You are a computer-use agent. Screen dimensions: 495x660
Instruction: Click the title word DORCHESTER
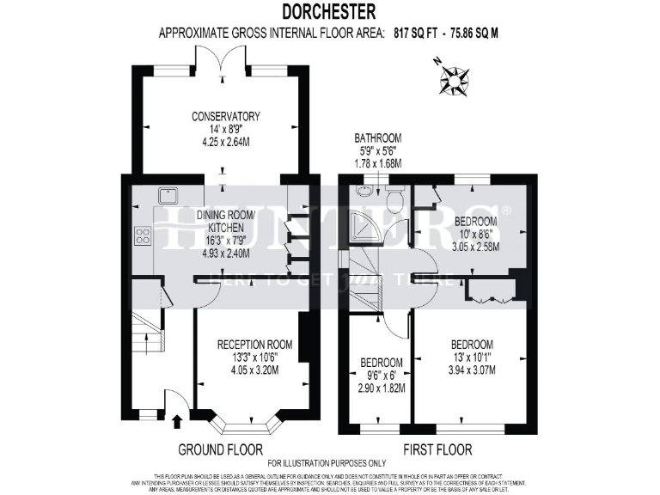point(329,11)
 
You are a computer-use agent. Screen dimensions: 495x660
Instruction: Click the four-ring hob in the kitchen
point(142,235)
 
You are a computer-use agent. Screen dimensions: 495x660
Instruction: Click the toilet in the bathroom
point(394,200)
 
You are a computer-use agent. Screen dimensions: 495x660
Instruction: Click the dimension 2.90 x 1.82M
point(381,388)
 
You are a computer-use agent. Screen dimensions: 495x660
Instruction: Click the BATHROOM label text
point(378,137)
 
